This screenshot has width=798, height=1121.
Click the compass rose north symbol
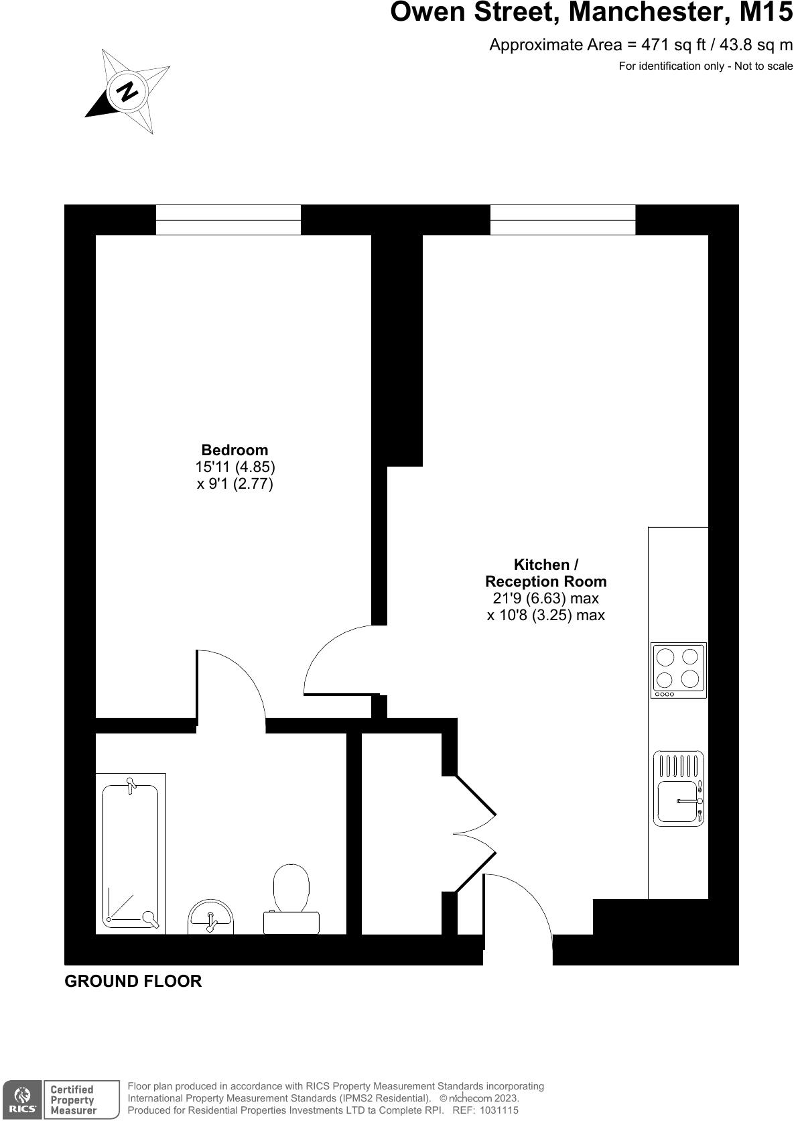[x=127, y=91]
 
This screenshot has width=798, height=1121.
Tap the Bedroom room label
[x=235, y=450]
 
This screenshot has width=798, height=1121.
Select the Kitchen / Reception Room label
[x=545, y=573]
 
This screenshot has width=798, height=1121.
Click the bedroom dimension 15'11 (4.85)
[x=235, y=467]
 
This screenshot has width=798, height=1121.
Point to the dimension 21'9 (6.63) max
[x=545, y=598]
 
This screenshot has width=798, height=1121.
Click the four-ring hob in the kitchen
[x=678, y=670]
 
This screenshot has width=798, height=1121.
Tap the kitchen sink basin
[x=678, y=801]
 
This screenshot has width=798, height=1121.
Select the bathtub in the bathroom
[x=131, y=853]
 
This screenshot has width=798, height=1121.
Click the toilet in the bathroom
[x=291, y=898]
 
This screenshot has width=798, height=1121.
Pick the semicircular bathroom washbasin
[x=210, y=918]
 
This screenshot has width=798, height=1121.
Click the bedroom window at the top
[x=228, y=220]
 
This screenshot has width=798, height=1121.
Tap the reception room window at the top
[x=563, y=220]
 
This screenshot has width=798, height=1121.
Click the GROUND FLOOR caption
[x=133, y=981]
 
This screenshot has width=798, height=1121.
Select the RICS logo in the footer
[x=22, y=1099]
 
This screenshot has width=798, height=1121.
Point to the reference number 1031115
[x=494, y=1110]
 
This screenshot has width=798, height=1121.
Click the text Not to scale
[x=763, y=66]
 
